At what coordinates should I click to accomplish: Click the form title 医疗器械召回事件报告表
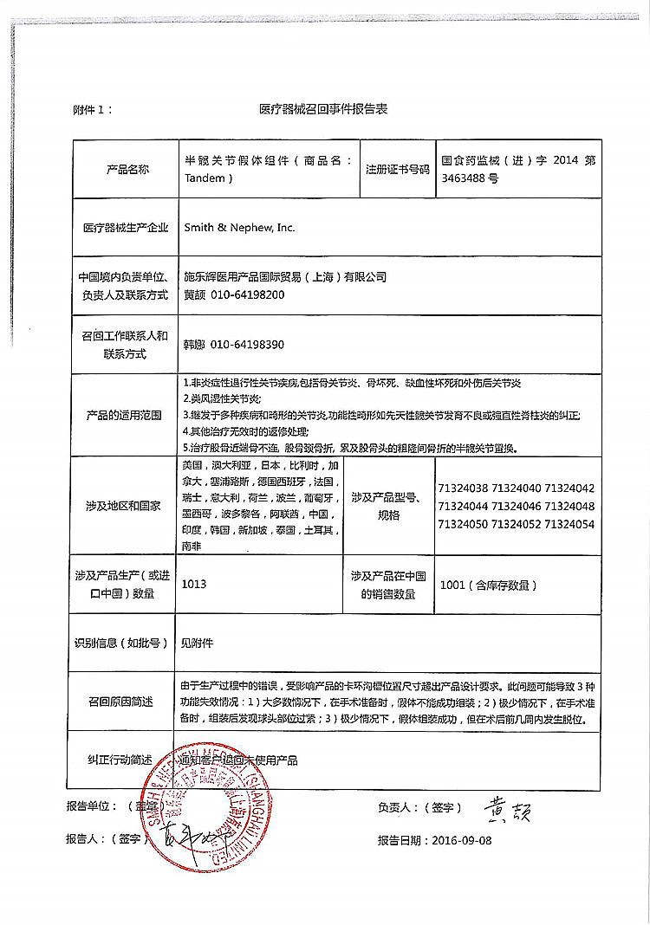tap(323, 110)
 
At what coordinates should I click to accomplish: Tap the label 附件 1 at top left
tap(93, 110)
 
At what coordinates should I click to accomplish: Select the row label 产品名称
tap(127, 169)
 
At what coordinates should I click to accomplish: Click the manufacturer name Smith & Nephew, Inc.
tap(239, 228)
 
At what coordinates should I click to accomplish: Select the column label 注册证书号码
tap(398, 169)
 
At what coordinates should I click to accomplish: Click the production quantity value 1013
tap(194, 585)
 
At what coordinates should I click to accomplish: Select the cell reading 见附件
tap(196, 643)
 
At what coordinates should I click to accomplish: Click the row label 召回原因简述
tap(120, 701)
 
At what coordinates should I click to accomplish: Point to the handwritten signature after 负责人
tap(506, 809)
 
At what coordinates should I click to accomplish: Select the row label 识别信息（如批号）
tap(121, 643)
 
